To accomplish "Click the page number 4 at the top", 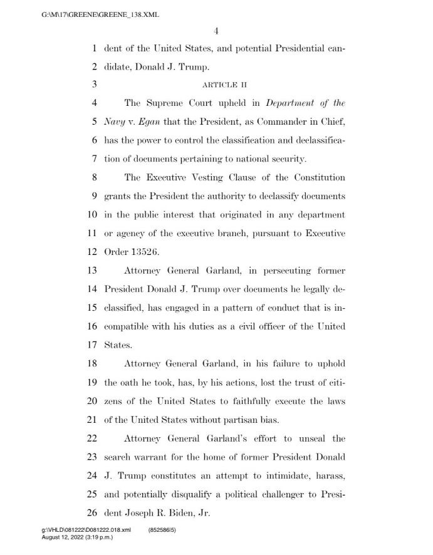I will [x=215, y=32].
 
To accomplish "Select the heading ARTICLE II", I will [x=220, y=84].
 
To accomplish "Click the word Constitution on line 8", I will [x=314, y=177].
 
